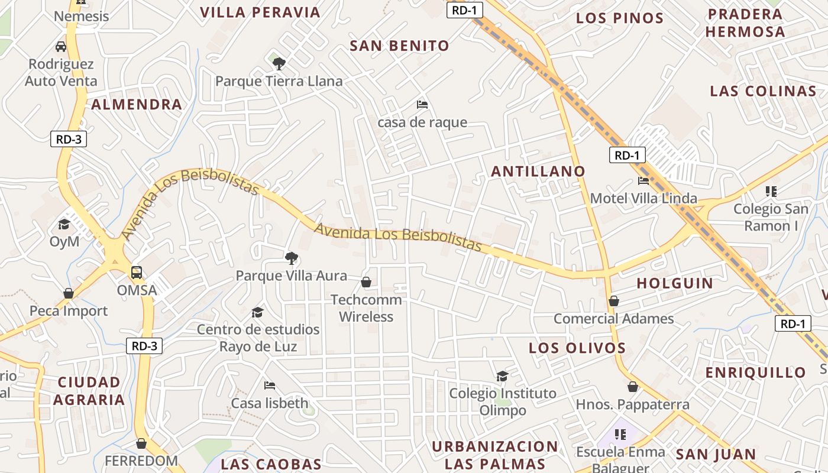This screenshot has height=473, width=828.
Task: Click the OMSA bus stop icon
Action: coord(137,273)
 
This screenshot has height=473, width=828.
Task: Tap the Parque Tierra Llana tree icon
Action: coord(279,63)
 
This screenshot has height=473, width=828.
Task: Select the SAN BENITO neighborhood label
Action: coord(399,46)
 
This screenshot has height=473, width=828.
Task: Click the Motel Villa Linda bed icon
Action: coord(643,180)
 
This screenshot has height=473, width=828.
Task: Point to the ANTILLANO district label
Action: coord(538,171)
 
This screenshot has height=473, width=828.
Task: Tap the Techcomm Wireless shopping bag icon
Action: coord(366,282)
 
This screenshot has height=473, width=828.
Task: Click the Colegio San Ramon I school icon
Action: coord(771,191)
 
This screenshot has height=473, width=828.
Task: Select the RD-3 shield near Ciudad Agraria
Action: coord(144,346)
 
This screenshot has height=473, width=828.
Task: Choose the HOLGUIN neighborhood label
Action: coord(675,283)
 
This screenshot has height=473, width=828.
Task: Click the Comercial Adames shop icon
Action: coord(614,301)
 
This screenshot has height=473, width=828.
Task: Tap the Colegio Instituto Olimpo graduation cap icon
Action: coord(502,376)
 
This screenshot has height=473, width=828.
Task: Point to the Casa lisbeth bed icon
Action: coord(270,385)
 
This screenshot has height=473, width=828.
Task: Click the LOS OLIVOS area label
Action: coord(577,348)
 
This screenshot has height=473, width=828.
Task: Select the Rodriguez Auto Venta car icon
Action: coord(61,46)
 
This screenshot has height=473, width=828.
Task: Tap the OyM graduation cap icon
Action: coord(64,224)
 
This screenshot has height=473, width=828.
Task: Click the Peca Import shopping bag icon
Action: coord(69,293)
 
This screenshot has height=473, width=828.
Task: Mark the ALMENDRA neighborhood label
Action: coord(137,105)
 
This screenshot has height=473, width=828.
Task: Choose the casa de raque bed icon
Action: coord(422,105)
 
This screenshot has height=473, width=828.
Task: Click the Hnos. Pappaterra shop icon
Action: coord(633,387)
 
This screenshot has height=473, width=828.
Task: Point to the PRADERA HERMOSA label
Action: coord(745,22)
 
